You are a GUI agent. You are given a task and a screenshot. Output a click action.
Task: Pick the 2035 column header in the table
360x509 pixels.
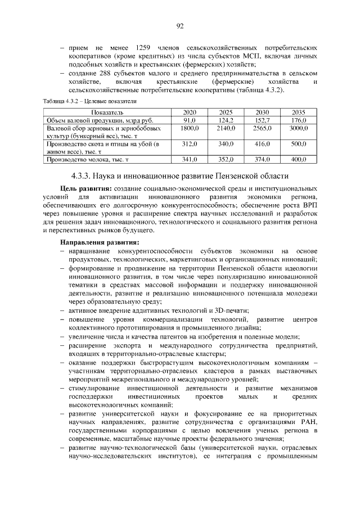click(x=298, y=113)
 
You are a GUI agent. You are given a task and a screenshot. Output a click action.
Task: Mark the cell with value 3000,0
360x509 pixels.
click(x=298, y=129)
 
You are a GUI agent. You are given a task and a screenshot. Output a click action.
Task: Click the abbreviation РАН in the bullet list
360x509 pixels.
click(x=308, y=422)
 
